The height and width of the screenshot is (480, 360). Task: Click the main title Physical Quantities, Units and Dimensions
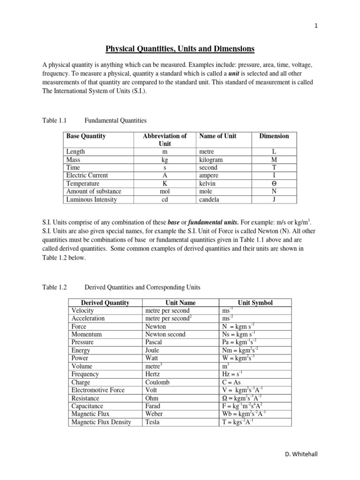pyautogui.click(x=180, y=48)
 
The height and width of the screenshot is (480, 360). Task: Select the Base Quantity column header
pyautogui.click(x=86, y=136)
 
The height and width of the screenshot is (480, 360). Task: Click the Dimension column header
pyautogui.click(x=274, y=136)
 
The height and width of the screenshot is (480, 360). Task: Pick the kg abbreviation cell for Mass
pyautogui.click(x=165, y=160)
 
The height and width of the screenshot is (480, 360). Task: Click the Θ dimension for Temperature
pyautogui.click(x=274, y=184)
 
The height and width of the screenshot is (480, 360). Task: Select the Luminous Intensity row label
pyautogui.click(x=91, y=199)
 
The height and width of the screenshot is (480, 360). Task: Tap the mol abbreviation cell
pyautogui.click(x=165, y=191)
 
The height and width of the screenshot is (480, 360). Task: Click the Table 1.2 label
pyautogui.click(x=55, y=287)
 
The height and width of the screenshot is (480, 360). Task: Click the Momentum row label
pyautogui.click(x=86, y=334)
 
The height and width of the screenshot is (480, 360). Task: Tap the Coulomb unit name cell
pyautogui.click(x=159, y=382)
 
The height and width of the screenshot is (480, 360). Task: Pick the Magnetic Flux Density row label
pyautogui.click(x=101, y=422)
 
